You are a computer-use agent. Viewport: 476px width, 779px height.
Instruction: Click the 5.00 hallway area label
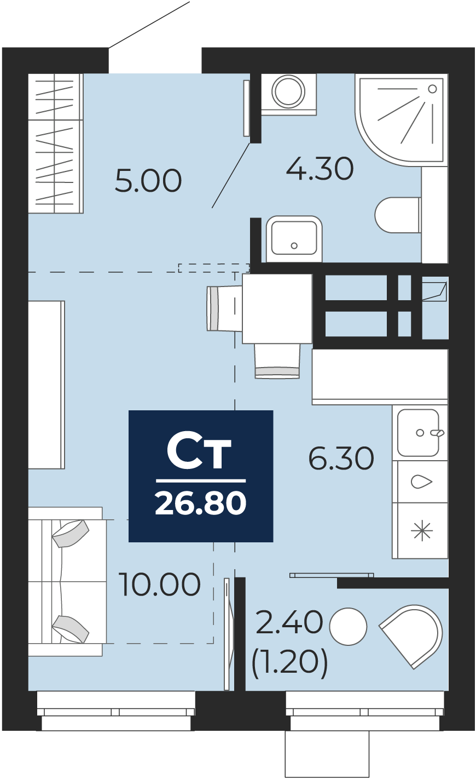click(x=148, y=180)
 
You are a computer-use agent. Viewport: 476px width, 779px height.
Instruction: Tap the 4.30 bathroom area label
click(x=320, y=169)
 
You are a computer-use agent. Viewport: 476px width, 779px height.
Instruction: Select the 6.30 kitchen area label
click(x=341, y=459)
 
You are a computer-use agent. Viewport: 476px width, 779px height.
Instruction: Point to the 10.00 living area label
click(x=159, y=584)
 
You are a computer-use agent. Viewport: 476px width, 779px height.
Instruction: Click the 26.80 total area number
click(x=201, y=503)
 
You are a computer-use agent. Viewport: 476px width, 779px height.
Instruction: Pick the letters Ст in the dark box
click(x=199, y=450)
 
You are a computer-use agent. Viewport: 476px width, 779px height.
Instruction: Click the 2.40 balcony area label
click(x=289, y=622)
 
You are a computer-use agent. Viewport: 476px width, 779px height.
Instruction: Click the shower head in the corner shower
click(x=432, y=89)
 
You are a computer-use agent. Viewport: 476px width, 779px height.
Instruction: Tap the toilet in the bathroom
click(x=398, y=215)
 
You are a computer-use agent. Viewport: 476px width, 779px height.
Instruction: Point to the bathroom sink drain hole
click(x=294, y=246)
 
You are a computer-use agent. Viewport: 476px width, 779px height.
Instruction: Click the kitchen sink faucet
click(x=437, y=433)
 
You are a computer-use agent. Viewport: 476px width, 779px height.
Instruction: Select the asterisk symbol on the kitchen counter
click(x=421, y=531)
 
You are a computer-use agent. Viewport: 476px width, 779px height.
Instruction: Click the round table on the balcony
click(x=348, y=626)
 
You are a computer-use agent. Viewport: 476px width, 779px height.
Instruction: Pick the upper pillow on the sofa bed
click(x=71, y=534)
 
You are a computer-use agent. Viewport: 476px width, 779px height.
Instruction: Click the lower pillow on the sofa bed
click(x=71, y=629)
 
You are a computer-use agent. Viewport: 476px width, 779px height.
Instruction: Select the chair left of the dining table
click(x=224, y=308)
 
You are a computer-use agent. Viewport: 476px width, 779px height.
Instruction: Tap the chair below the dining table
click(x=277, y=361)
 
